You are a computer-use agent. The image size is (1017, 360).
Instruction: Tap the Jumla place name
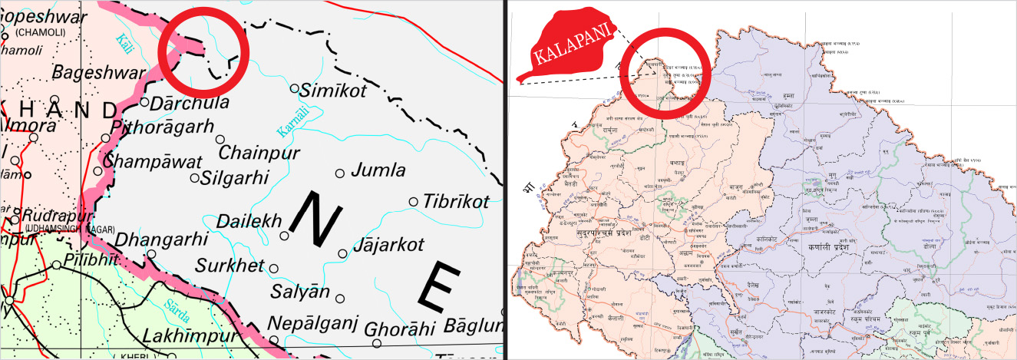click(x=378, y=170)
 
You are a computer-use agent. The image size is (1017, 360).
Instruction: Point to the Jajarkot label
click(x=388, y=247)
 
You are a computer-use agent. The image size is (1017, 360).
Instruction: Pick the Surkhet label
click(x=229, y=266)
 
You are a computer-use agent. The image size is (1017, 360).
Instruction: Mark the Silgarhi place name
click(x=234, y=178)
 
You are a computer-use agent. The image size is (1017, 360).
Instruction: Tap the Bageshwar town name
click(x=99, y=73)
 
